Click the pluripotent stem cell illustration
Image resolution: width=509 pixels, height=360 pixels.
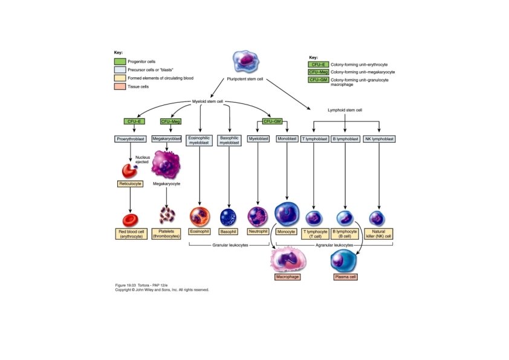pos(246,61)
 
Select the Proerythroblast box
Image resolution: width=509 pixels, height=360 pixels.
pos(131,139)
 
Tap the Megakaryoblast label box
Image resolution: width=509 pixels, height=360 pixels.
pos(166,139)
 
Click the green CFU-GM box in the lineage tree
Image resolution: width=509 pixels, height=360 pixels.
pos(273,121)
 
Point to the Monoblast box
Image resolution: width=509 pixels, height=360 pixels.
pos(287,139)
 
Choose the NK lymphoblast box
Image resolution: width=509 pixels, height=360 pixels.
pos(379,139)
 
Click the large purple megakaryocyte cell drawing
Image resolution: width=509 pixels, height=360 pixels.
pos(166,164)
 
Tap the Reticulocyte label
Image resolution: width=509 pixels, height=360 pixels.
pos(130,184)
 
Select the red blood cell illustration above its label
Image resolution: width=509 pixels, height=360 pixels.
pos(131,220)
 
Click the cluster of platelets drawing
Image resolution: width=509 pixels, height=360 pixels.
pos(167,215)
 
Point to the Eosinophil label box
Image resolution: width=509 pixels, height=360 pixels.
pos(199,231)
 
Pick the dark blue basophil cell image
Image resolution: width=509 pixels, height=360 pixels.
pos(229,217)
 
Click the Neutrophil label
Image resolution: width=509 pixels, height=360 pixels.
pos(258,231)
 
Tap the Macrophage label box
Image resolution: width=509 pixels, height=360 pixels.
pos(287,277)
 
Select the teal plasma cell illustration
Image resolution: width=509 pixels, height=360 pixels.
pos(344,262)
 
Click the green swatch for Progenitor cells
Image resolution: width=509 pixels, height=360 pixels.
pos(120,61)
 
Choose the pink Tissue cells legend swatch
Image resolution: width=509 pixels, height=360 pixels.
pos(120,86)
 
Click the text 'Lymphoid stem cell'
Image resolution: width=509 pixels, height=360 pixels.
pos(345,110)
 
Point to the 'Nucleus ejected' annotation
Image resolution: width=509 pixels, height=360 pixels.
pos(143,159)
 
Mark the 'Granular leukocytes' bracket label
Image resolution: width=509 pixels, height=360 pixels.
pos(230,245)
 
